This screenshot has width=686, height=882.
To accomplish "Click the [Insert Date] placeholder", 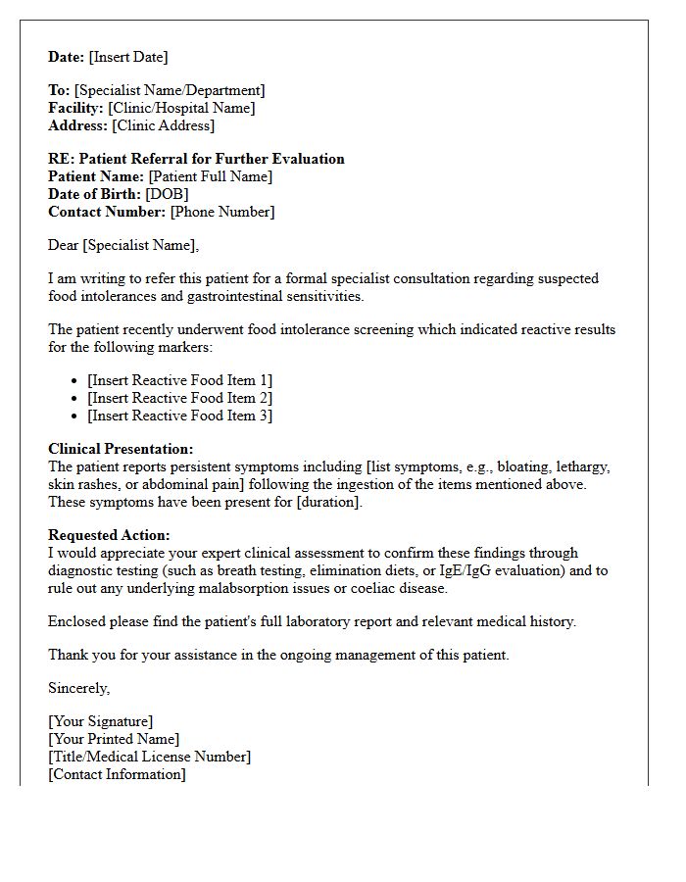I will (x=128, y=57).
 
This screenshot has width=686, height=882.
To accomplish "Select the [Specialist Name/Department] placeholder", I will (x=170, y=90).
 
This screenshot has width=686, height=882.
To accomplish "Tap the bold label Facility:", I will (x=75, y=108).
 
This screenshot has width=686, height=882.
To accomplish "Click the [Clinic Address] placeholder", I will (x=163, y=125).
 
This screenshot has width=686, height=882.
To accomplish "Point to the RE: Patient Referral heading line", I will (x=196, y=159).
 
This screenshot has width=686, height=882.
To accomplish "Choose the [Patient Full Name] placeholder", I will (x=210, y=176).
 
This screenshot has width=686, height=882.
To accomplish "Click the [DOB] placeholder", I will (x=168, y=194).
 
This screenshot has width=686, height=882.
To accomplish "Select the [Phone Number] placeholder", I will (x=221, y=212).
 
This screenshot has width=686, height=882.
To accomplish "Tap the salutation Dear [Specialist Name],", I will (x=123, y=245).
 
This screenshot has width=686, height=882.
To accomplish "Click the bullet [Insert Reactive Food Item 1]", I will (x=179, y=380).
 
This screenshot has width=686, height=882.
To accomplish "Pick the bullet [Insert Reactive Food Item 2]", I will (x=179, y=398).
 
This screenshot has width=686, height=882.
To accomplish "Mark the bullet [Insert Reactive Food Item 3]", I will (x=179, y=416).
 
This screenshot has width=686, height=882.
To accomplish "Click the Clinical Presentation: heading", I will (x=121, y=449).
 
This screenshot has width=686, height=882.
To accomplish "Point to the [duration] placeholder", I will (x=329, y=502).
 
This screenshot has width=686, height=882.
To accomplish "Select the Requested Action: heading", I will (x=109, y=535).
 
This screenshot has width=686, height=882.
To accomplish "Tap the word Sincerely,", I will (x=79, y=688).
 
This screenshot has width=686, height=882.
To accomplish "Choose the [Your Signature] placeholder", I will (x=101, y=721).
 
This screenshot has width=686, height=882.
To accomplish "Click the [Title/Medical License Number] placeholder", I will (x=149, y=757).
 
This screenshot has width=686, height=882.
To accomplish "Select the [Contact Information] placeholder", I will (x=117, y=774).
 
